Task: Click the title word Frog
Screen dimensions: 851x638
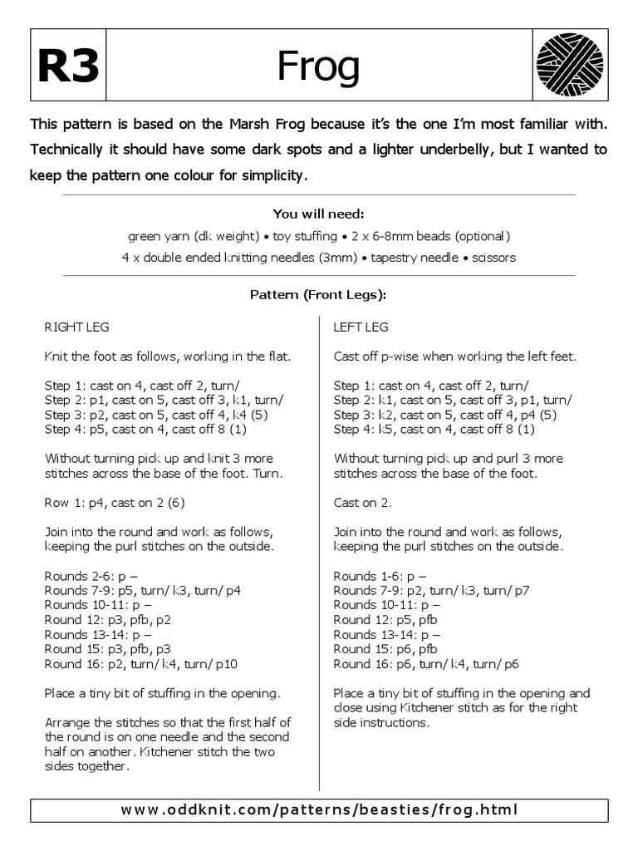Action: (319, 66)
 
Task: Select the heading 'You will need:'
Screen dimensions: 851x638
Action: (319, 214)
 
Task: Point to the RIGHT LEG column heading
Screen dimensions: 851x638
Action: (76, 327)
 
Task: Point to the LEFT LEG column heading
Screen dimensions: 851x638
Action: (361, 327)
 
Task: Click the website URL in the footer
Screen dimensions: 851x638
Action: (319, 809)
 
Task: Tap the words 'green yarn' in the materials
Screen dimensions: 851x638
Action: (157, 235)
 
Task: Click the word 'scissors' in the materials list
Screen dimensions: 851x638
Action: (493, 258)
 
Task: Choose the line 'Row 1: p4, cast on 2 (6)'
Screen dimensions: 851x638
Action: (116, 503)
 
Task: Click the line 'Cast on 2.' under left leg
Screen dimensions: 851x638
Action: (362, 503)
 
